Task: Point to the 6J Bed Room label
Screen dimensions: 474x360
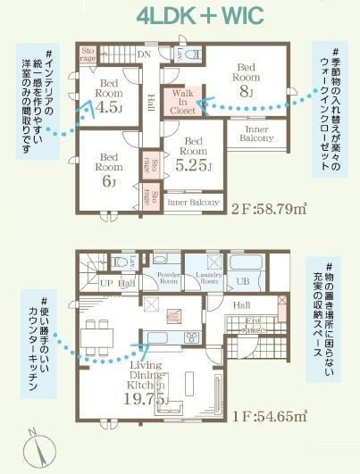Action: [x=109, y=168]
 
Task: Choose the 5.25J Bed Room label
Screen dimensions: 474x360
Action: [x=194, y=153]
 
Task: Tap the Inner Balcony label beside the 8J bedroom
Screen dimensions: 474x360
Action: [x=258, y=135]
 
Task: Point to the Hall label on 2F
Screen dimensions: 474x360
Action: [x=152, y=99]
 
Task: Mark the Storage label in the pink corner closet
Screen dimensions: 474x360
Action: [x=88, y=54]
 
